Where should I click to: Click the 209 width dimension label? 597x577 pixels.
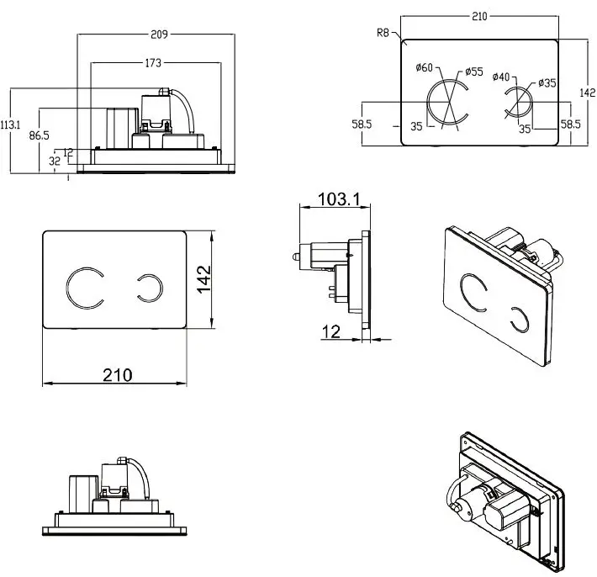coord(158,34)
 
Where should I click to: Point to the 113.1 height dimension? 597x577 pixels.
coord(10,124)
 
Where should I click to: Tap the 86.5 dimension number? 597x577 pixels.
coord(38,134)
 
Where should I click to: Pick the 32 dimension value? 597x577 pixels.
coord(55,160)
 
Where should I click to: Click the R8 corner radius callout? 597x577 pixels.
coord(383,33)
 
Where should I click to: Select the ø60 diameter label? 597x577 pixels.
coord(425,67)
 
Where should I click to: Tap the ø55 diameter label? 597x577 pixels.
coord(474,71)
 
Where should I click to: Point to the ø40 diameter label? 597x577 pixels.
coord(501,77)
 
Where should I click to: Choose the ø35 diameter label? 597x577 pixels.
coord(547,82)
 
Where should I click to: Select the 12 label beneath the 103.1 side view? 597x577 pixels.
coord(331,332)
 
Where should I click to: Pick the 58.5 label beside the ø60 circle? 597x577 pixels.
coord(362,124)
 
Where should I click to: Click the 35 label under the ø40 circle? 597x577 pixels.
coord(525,129)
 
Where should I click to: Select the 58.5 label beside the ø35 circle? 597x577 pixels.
coord(571,124)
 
